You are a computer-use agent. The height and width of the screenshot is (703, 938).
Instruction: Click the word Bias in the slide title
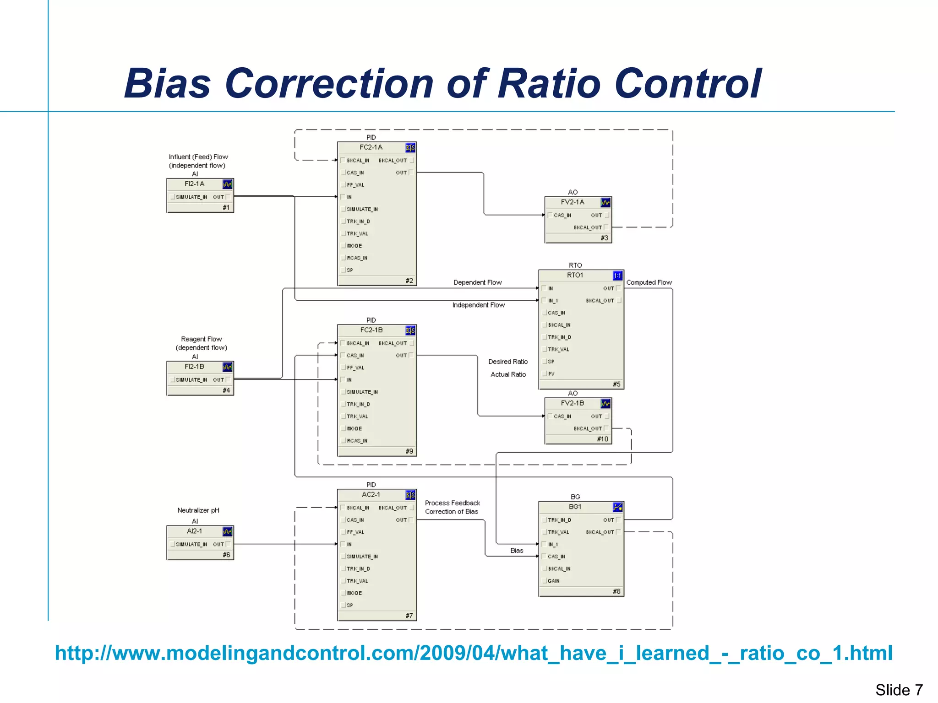click(168, 84)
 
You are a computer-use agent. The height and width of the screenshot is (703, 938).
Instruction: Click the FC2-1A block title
click(371, 147)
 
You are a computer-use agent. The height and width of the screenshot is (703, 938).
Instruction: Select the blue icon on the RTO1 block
click(617, 276)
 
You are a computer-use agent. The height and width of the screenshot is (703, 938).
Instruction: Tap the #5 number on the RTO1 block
click(616, 384)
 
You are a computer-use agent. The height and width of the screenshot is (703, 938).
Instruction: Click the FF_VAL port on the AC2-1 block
click(355, 532)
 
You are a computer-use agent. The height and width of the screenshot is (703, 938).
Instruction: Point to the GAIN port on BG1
click(553, 581)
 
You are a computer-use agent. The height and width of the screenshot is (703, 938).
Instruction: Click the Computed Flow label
click(649, 282)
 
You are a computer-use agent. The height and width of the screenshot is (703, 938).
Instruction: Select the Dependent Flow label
click(477, 282)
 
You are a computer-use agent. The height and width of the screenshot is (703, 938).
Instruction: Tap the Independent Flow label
click(478, 305)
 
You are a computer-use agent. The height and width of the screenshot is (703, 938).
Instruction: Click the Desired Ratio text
click(507, 362)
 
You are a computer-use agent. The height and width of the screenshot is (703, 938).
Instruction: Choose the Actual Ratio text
click(508, 374)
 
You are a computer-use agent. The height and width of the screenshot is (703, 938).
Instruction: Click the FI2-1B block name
click(194, 367)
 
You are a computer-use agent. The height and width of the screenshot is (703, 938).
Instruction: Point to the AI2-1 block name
click(194, 531)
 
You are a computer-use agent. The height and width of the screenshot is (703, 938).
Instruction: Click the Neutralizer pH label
click(198, 510)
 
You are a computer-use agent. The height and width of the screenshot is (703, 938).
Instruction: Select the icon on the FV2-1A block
click(605, 202)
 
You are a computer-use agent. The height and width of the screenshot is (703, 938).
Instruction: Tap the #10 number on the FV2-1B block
click(602, 439)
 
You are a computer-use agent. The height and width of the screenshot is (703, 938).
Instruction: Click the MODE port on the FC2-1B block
click(354, 429)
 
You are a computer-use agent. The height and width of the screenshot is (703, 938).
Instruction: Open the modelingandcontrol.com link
click(473, 653)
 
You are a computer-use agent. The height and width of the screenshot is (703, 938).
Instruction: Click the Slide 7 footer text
click(899, 690)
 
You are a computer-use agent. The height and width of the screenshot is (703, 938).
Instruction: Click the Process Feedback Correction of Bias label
click(452, 507)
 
